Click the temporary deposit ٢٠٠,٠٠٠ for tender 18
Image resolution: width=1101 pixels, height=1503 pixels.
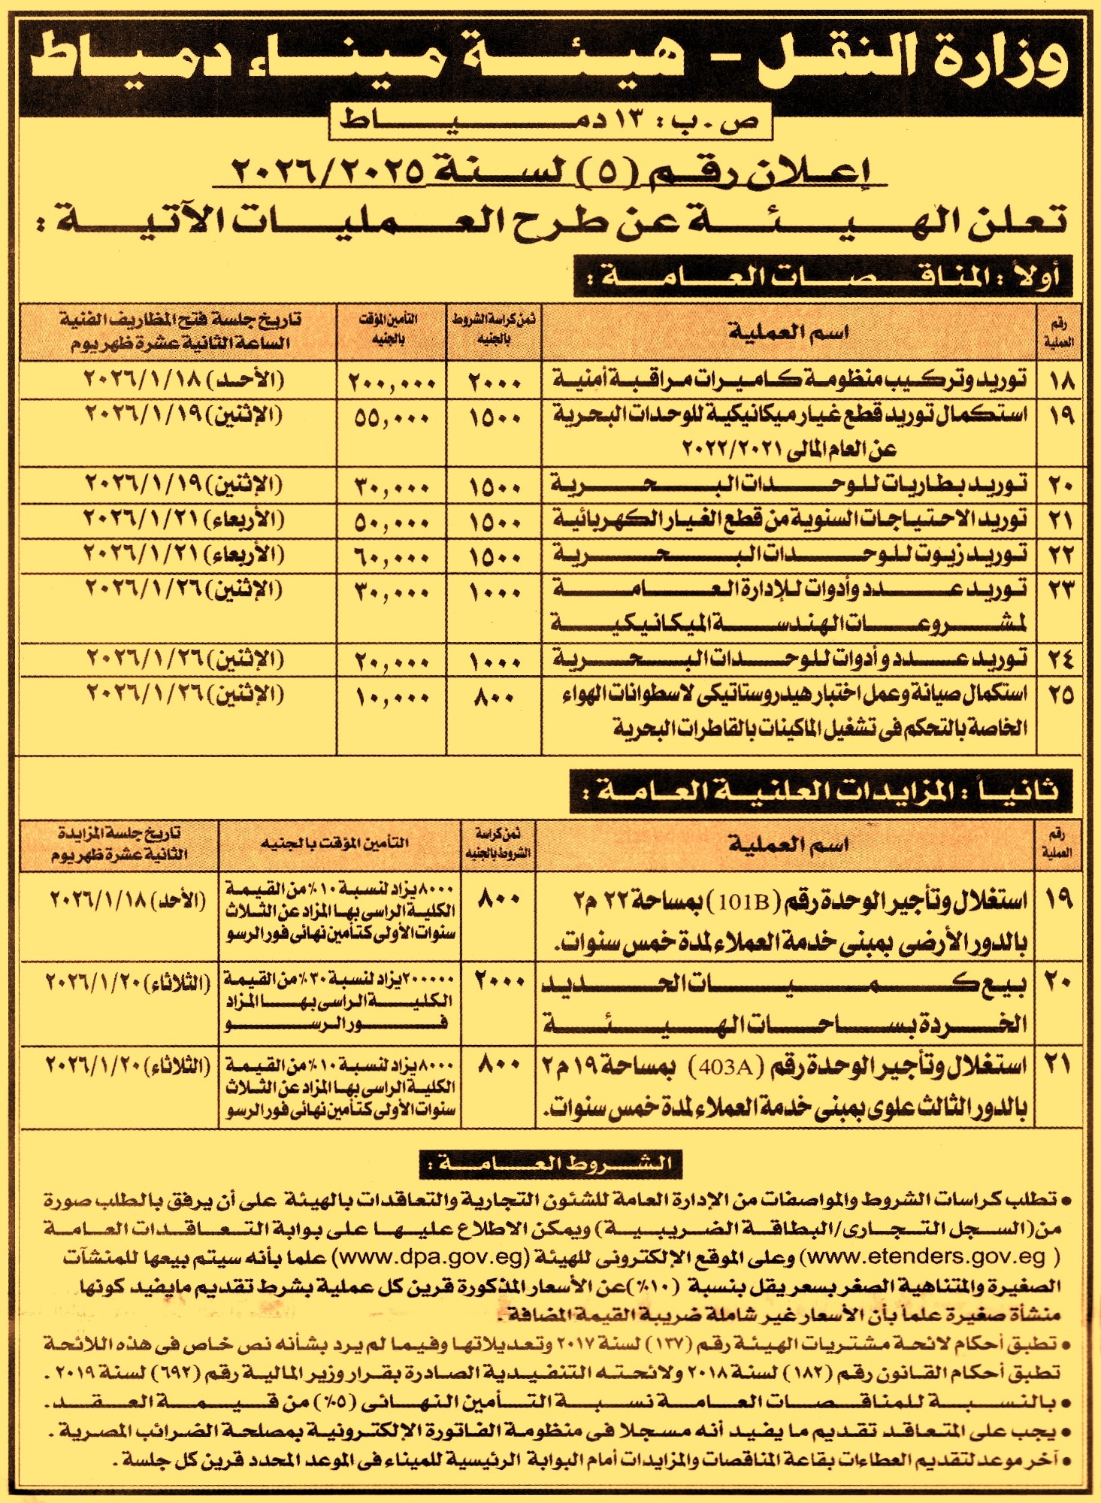point(392,382)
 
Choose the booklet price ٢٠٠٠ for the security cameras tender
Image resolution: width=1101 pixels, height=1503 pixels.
point(495,382)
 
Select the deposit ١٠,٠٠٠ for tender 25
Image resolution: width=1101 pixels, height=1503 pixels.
point(392,696)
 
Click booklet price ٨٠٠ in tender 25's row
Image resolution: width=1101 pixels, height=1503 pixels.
point(495,696)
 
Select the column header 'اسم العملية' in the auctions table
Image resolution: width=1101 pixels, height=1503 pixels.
point(788,844)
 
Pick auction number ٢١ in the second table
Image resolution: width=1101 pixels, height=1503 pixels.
point(1058,1065)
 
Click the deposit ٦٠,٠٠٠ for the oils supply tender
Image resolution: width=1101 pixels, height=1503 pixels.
point(392,557)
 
